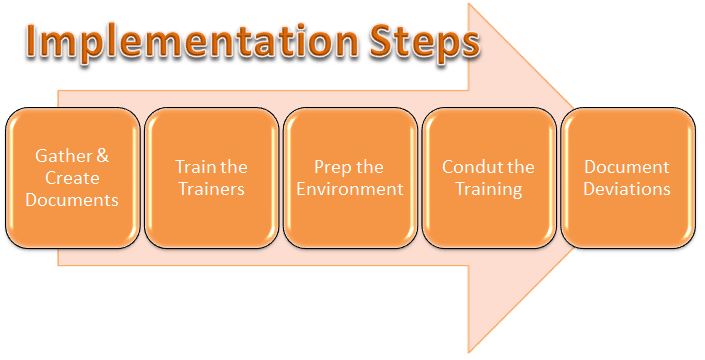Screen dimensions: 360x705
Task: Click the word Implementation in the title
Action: pyautogui.click(x=186, y=42)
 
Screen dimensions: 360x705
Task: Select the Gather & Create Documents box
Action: pyautogui.click(x=72, y=177)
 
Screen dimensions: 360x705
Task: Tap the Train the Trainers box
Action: pyautogui.click(x=211, y=177)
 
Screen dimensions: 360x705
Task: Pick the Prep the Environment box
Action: pyautogui.click(x=350, y=177)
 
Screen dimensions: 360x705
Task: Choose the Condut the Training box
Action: pyautogui.click(x=488, y=177)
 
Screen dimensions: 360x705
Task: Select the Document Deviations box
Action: pyautogui.click(x=627, y=177)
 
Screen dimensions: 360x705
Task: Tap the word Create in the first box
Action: pyautogui.click(x=72, y=177)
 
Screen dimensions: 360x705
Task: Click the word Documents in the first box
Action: pyautogui.click(x=73, y=199)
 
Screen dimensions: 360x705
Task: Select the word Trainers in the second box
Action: pyautogui.click(x=211, y=188)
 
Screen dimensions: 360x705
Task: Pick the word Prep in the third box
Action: pyautogui.click(x=326, y=166)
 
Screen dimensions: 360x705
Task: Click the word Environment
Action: pyautogui.click(x=350, y=188)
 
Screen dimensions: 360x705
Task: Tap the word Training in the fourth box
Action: pyautogui.click(x=488, y=188)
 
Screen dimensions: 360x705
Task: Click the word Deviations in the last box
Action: pyautogui.click(x=627, y=188)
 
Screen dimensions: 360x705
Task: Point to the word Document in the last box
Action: pyautogui.click(x=627, y=166)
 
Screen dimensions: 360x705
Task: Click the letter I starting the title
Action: pyautogui.click(x=34, y=42)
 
